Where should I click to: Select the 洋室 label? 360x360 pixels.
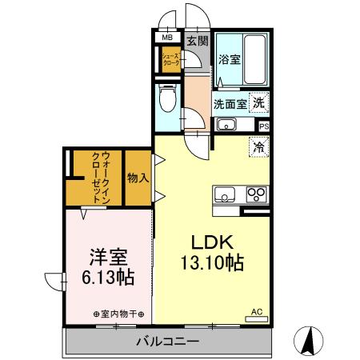tap(108, 258)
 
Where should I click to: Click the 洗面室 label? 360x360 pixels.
tap(230, 103)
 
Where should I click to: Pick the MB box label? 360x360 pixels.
tap(169, 38)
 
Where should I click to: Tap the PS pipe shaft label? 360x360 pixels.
tap(264, 126)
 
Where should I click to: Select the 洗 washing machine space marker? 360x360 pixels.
tap(259, 102)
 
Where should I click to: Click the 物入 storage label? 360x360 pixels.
tap(138, 178)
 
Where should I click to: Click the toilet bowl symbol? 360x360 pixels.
tap(167, 101)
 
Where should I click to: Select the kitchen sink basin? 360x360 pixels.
tap(224, 195)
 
